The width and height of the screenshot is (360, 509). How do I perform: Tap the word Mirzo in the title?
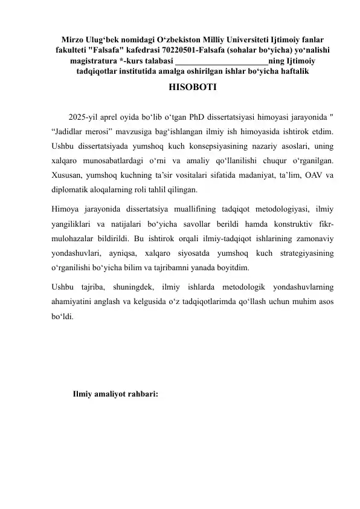click(x=75, y=38)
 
